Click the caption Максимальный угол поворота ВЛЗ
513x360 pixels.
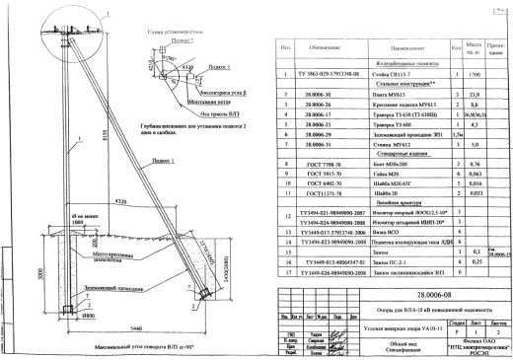pyautogui.click(x=149, y=348)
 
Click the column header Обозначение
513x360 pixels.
pyautogui.click(x=326, y=47)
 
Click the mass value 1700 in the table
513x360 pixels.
pyautogui.click(x=476, y=75)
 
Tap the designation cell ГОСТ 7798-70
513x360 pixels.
pyautogui.click(x=314, y=164)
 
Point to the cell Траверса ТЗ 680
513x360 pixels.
pyautogui.click(x=392, y=124)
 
